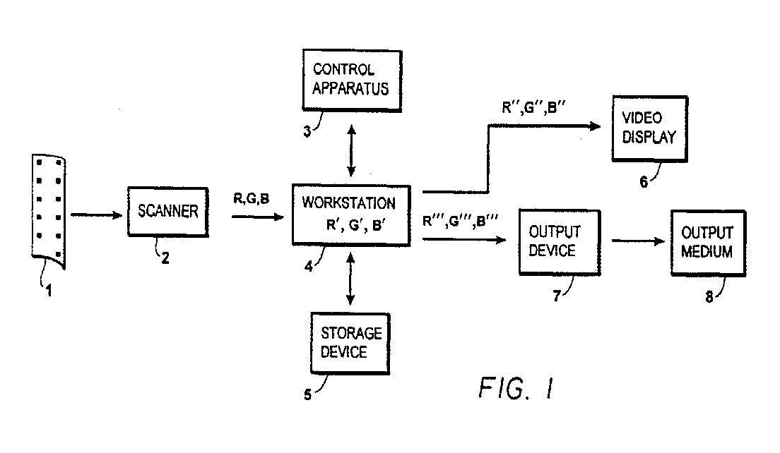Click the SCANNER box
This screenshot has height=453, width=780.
[x=167, y=212]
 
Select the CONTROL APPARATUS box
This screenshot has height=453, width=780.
[x=352, y=80]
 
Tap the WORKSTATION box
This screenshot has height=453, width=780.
[x=351, y=216]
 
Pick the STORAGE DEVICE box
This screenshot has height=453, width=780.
[x=350, y=343]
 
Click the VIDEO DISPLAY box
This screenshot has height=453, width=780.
[x=650, y=128]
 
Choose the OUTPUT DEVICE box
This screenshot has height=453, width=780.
[x=560, y=243]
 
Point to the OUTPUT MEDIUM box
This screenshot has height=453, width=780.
[x=709, y=243]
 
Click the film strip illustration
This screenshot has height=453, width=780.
[x=48, y=212]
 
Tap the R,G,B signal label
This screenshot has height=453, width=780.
[x=252, y=199]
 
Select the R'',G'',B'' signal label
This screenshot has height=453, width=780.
[x=533, y=107]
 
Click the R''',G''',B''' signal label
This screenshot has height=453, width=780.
[x=460, y=221]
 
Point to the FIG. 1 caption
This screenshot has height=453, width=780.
[x=516, y=388]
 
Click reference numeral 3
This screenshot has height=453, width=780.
[x=307, y=132]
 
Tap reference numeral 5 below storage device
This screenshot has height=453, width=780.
[x=307, y=395]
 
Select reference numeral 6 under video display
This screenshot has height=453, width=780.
[x=644, y=182]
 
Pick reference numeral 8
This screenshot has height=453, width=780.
[x=709, y=297]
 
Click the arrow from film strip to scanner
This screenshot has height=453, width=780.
[x=97, y=215]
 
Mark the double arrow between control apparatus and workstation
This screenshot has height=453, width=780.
[x=351, y=151]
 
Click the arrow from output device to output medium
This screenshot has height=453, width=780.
[x=638, y=241]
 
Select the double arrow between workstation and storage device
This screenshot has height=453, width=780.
[x=350, y=279]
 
